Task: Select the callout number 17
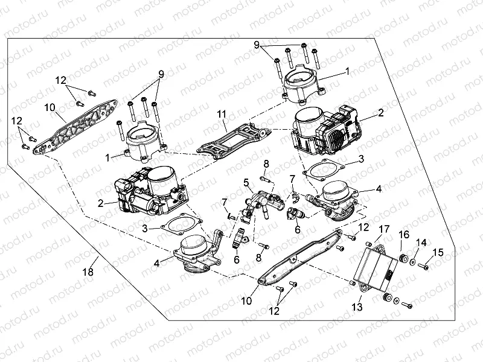pyautogui.click(x=384, y=229)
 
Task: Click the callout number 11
pyautogui.click(x=223, y=113)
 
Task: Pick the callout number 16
pyautogui.click(x=404, y=234)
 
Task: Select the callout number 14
pyautogui.click(x=422, y=242)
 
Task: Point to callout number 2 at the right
pyautogui.click(x=381, y=113)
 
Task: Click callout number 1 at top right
pyautogui.click(x=347, y=71)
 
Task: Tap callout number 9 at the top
pyautogui.click(x=257, y=45)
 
